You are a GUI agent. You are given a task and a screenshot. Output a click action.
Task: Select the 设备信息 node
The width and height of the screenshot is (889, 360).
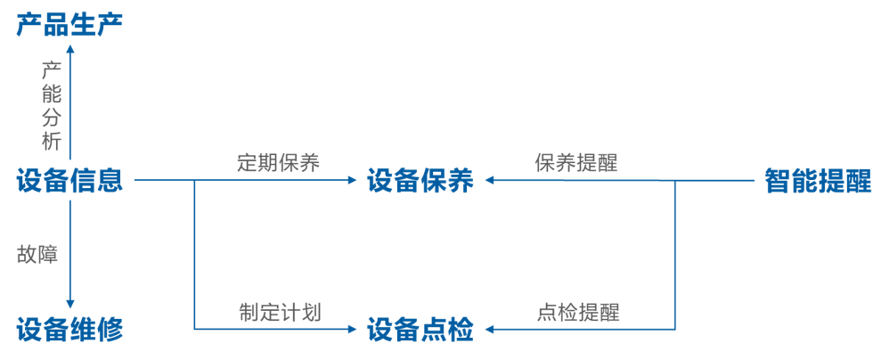(69, 181)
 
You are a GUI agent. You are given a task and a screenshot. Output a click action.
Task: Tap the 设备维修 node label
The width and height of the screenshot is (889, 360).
(69, 330)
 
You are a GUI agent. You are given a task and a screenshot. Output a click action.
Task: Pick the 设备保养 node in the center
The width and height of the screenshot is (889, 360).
(420, 181)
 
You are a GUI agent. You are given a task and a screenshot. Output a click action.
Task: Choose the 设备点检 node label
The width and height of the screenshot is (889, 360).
(420, 330)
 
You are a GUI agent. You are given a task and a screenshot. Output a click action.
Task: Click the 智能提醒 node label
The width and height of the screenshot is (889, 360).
(818, 181)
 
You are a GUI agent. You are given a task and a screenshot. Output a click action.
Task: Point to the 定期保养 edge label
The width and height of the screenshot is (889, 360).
(278, 163)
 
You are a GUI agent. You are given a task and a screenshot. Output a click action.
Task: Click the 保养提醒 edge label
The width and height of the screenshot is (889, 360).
(576, 163)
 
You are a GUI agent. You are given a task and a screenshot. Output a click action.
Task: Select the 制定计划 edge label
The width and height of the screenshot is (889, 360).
(279, 312)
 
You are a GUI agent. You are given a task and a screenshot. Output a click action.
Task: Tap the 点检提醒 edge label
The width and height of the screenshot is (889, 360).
(578, 312)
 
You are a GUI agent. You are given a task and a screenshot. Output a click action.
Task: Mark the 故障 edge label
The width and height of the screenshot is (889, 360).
(37, 254)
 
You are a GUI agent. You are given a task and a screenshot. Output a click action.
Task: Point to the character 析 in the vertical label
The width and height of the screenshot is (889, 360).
(51, 142)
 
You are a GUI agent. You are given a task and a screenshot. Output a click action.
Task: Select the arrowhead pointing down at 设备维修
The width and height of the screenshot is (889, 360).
(70, 306)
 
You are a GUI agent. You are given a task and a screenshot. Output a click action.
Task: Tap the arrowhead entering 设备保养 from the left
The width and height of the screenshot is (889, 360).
(353, 181)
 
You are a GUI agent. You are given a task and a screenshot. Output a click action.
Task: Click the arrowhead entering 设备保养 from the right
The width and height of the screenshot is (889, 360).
(489, 181)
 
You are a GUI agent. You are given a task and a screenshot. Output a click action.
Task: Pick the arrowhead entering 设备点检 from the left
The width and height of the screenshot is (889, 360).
(353, 330)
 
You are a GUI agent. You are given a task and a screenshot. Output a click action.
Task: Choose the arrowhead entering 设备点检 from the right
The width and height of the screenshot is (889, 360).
(489, 330)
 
